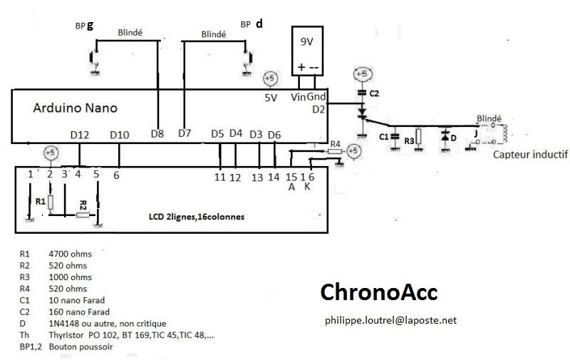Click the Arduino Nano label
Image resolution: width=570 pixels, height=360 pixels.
tap(76, 109)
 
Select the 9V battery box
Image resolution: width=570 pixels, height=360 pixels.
tap(307, 51)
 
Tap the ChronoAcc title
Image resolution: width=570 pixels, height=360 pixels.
tap(378, 292)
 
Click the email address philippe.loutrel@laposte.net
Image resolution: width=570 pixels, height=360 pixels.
tap(390, 321)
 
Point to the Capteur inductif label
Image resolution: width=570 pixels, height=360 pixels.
tap(529, 152)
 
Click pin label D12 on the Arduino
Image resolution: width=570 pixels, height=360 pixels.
tap(80, 134)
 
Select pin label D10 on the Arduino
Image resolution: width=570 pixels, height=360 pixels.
tap(119, 134)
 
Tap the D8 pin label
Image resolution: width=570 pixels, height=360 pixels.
tap(157, 133)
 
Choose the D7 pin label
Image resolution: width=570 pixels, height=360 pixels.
tap(185, 133)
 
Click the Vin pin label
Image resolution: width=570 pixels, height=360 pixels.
tap(299, 97)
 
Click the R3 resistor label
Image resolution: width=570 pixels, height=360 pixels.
tap(409, 141)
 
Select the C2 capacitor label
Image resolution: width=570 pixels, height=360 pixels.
tap(375, 93)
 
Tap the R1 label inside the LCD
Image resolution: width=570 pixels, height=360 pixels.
tap(40, 202)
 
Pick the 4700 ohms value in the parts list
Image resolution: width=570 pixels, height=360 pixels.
tap(71, 253)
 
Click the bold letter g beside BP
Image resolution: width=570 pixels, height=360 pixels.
tap(90, 25)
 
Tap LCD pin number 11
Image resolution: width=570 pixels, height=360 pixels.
tap(219, 177)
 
